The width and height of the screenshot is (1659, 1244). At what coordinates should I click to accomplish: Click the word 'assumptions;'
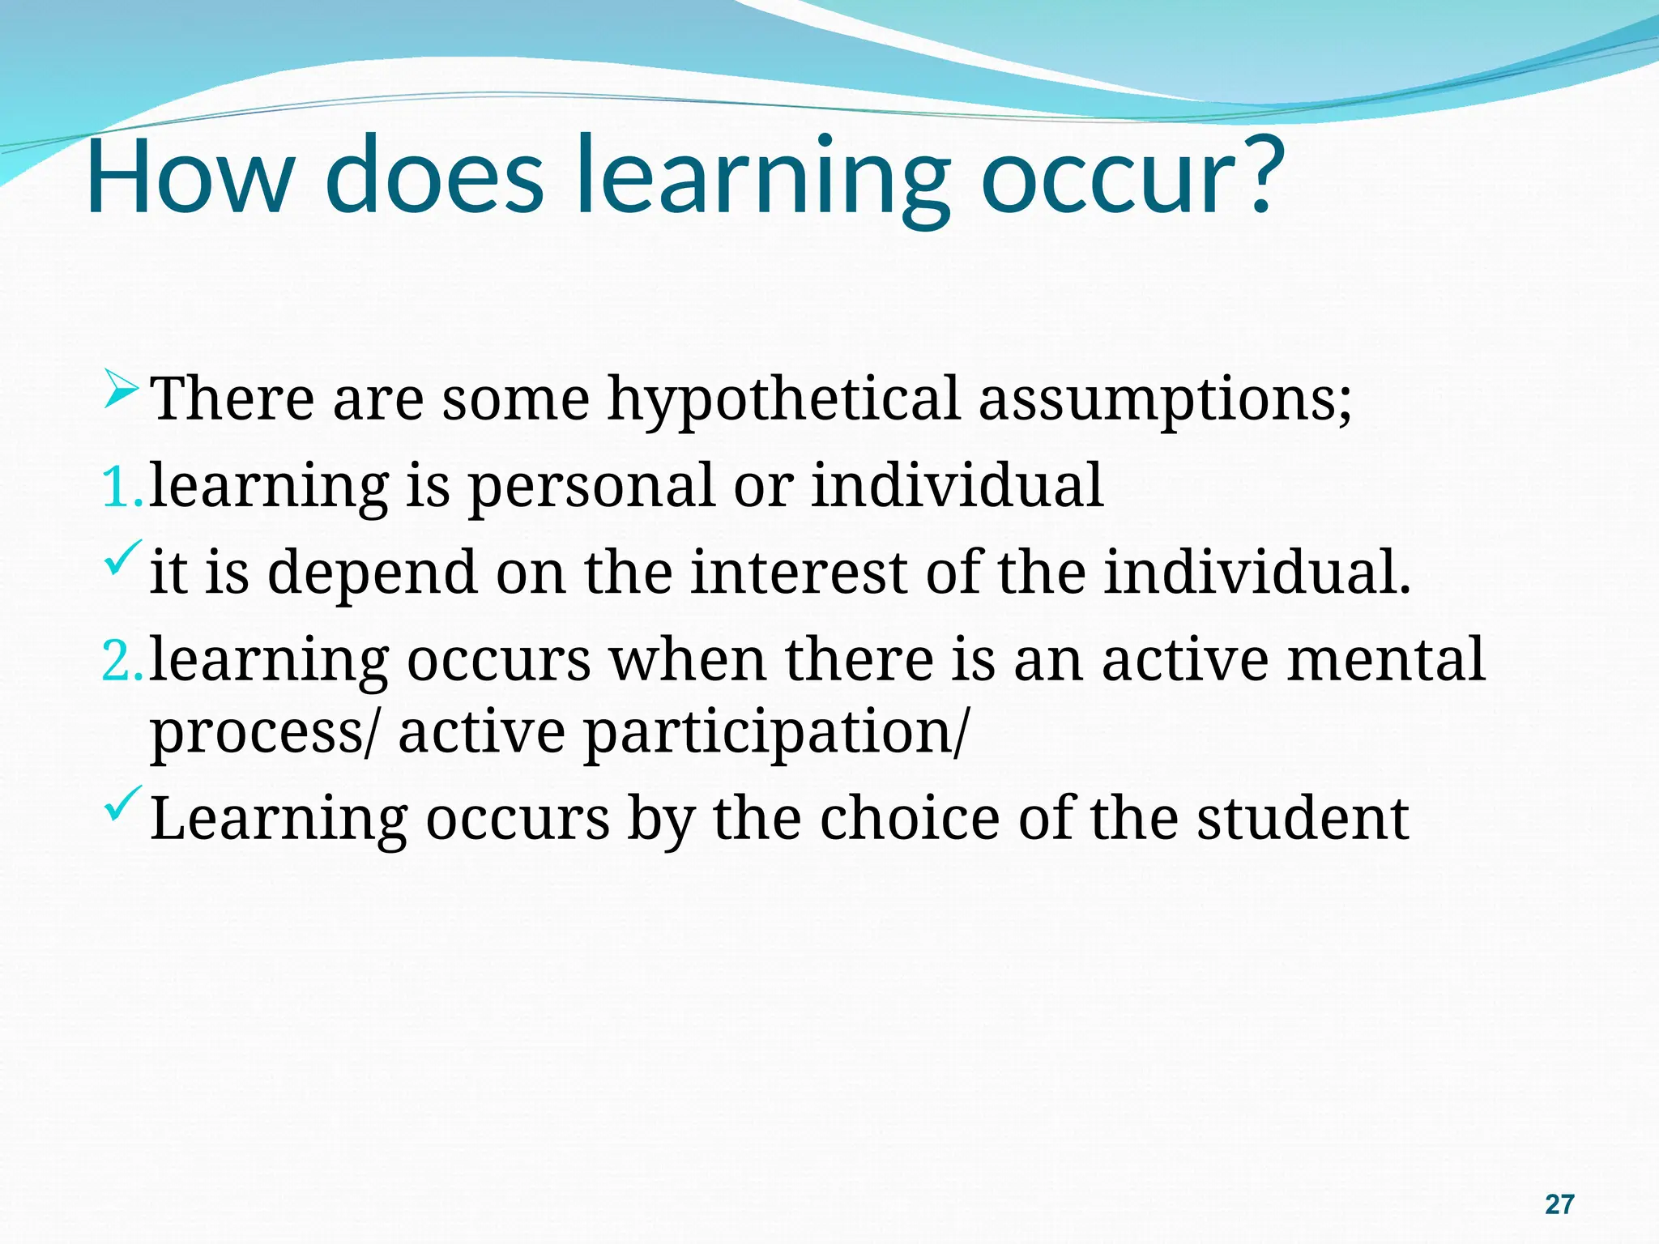click(x=1165, y=399)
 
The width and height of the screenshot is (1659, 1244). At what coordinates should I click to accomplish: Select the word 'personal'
click(x=592, y=486)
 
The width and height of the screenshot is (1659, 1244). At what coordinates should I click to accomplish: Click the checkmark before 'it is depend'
click(x=123, y=560)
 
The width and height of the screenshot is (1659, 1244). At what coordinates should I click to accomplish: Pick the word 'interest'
click(x=799, y=572)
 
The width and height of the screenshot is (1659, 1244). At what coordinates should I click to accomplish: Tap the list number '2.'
click(x=122, y=661)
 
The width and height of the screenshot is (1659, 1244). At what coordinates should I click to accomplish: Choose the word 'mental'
click(x=1386, y=659)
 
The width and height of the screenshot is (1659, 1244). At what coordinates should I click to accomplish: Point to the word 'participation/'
click(x=775, y=732)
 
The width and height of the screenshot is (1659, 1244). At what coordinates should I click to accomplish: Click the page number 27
click(x=1559, y=1204)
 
